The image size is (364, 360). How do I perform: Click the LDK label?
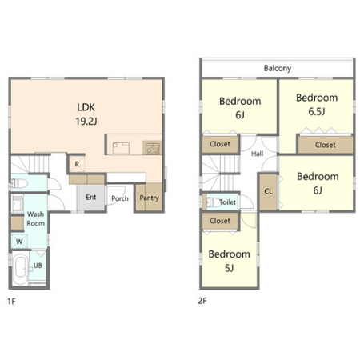[86, 107]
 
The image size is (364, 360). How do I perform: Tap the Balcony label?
[278, 68]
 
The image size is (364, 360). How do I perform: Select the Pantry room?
[149, 197]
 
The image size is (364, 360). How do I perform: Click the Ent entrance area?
[91, 198]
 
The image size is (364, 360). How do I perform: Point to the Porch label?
[120, 198]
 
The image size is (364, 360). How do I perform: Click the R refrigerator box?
[77, 164]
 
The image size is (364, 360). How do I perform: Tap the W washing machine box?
[19, 242]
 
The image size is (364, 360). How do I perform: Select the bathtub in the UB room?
[21, 269]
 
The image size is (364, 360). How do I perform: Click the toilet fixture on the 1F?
[20, 183]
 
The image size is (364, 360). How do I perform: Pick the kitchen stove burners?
[152, 147]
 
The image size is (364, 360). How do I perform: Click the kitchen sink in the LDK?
[121, 148]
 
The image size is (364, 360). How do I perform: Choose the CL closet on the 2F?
[268, 192]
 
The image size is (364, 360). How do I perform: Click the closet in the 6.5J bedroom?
[326, 145]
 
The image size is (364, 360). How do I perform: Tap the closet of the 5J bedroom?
[220, 221]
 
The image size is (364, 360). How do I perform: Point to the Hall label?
[258, 154]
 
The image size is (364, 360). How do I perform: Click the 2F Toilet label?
[227, 202]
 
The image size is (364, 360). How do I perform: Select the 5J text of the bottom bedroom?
[230, 268]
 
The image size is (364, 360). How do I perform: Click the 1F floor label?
[11, 302]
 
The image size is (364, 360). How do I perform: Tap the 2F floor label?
[202, 301]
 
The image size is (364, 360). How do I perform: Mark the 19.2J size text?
[86, 122]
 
